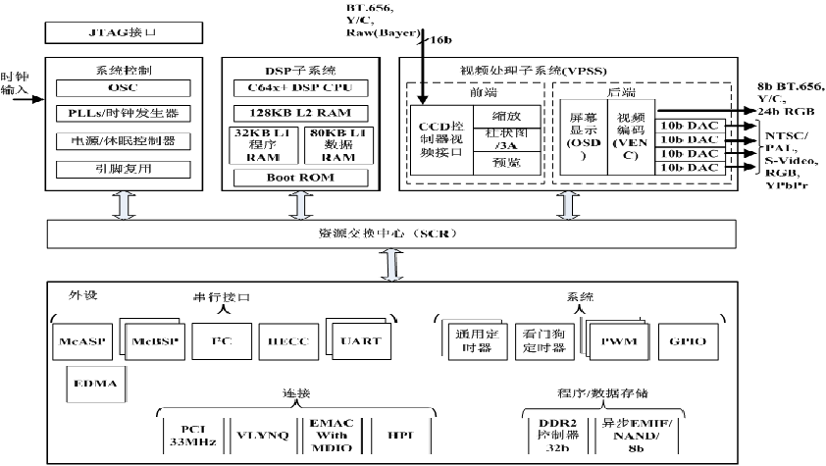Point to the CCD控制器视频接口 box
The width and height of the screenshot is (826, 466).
(x=439, y=138)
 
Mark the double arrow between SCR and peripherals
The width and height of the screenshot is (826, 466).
(x=391, y=266)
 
